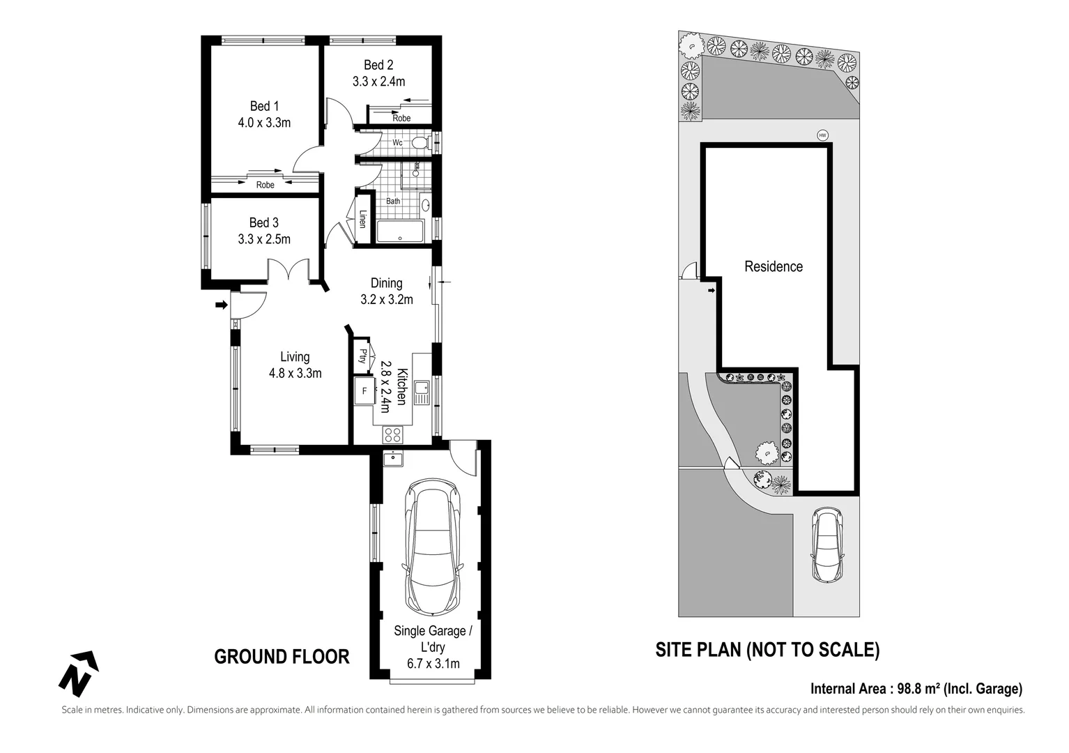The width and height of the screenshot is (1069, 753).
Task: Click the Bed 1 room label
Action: tap(264, 106)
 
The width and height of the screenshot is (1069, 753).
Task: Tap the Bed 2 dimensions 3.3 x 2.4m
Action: tap(379, 82)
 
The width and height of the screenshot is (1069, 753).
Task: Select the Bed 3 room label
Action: tap(264, 222)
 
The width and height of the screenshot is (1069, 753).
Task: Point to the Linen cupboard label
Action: tap(362, 219)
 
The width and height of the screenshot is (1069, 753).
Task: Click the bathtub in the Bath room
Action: tap(400, 231)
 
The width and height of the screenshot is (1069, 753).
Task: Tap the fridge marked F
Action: tap(365, 391)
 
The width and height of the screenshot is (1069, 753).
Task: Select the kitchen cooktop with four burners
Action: tap(393, 434)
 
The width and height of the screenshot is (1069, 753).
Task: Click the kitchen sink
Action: tap(422, 393)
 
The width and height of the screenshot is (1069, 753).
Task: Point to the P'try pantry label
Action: tap(362, 356)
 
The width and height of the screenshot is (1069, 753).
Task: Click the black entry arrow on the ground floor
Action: tap(221, 305)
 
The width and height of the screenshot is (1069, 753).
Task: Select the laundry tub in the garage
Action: tap(393, 458)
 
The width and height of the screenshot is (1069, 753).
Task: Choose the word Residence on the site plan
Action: tap(774, 266)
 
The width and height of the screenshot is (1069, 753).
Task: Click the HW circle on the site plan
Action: tap(822, 135)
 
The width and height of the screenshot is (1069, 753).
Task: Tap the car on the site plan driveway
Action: tap(826, 545)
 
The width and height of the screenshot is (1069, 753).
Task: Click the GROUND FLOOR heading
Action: tap(282, 657)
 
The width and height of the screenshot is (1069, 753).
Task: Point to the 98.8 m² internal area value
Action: tap(918, 689)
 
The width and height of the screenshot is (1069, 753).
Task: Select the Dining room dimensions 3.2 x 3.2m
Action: tap(387, 300)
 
